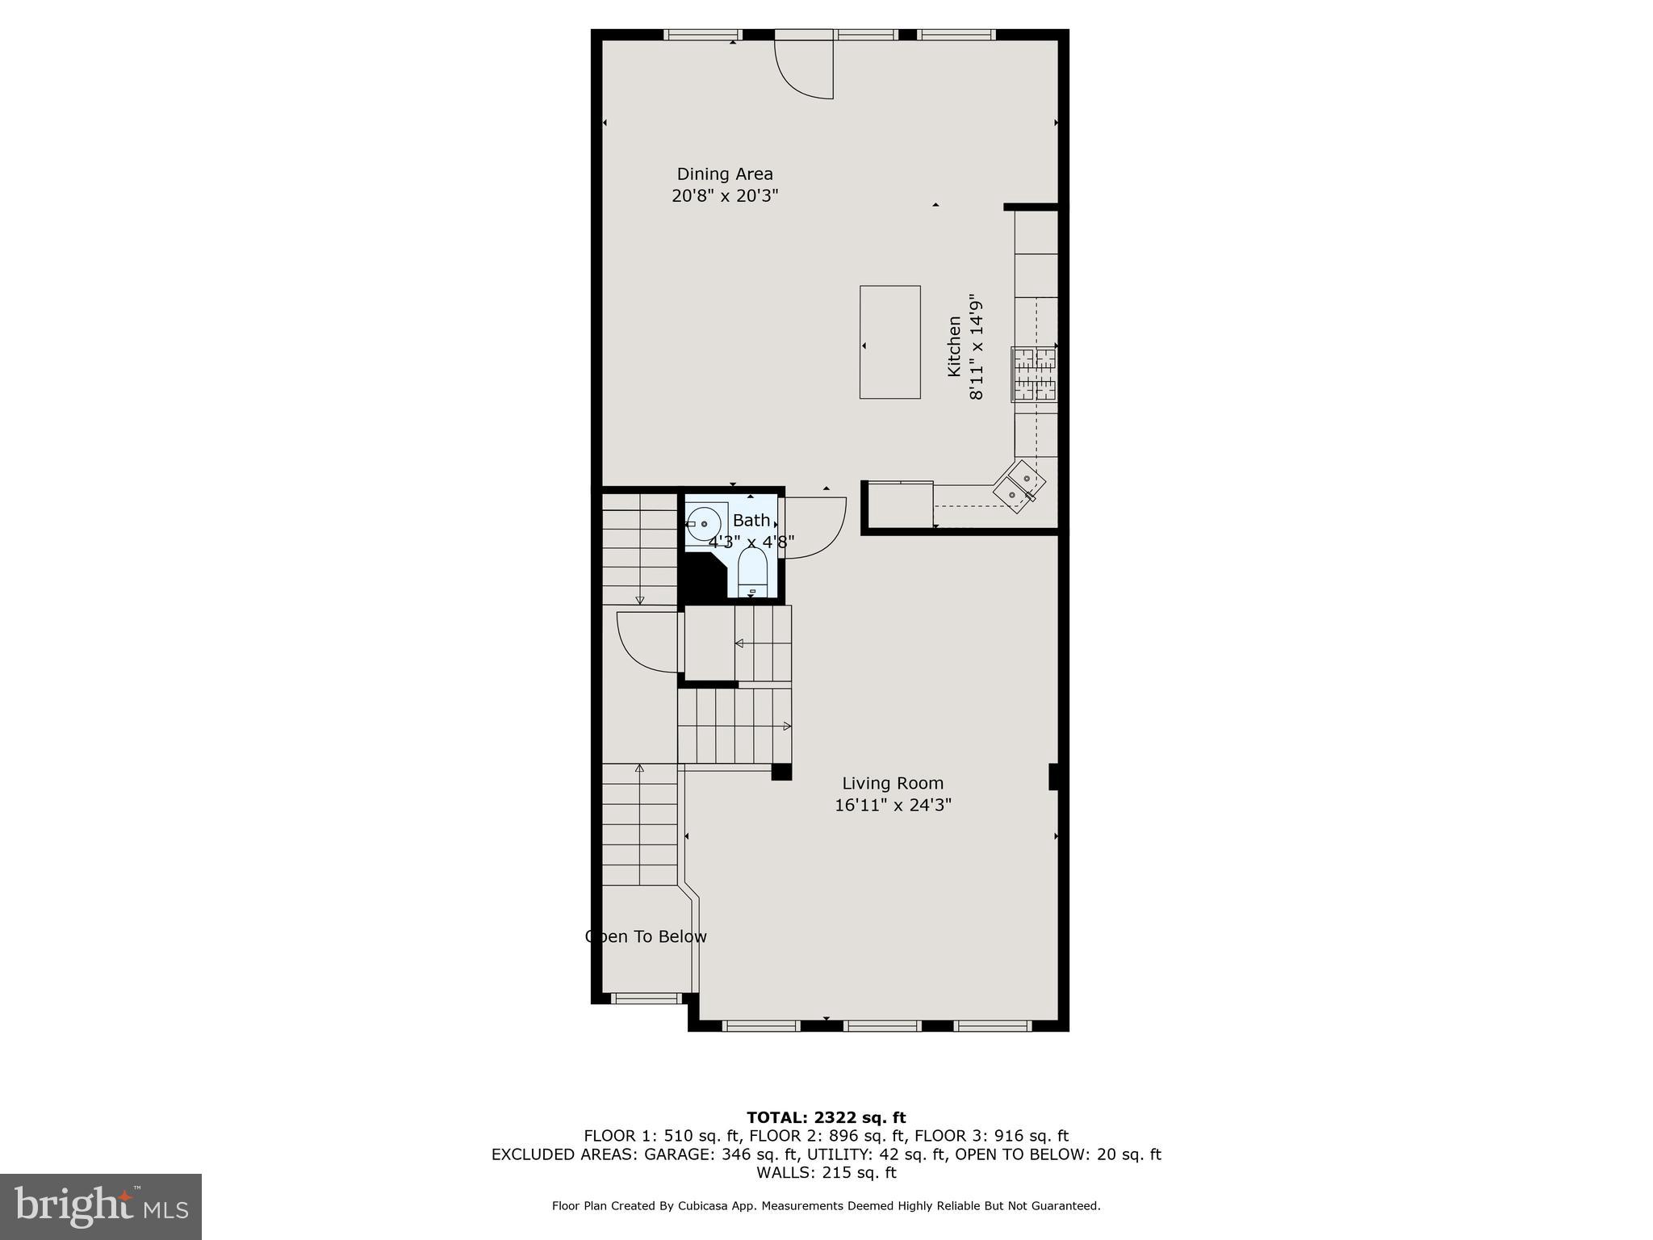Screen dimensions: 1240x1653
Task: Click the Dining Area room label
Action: click(724, 174)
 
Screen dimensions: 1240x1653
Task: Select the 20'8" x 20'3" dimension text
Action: click(724, 196)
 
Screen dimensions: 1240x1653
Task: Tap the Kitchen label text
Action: click(954, 346)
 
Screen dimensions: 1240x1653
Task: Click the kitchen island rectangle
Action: click(889, 342)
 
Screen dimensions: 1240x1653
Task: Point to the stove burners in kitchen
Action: click(1034, 375)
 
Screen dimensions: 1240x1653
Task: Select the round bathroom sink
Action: click(704, 524)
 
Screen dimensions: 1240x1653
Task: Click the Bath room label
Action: click(751, 521)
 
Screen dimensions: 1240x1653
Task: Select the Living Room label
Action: click(892, 783)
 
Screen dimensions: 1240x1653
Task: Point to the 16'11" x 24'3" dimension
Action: click(893, 806)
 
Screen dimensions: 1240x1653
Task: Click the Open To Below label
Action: click(646, 936)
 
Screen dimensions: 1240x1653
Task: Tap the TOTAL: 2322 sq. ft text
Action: click(826, 1117)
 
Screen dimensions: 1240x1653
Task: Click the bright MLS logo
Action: click(100, 1206)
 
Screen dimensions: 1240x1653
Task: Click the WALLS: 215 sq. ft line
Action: click(826, 1172)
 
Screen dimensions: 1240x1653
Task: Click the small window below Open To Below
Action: click(646, 999)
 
